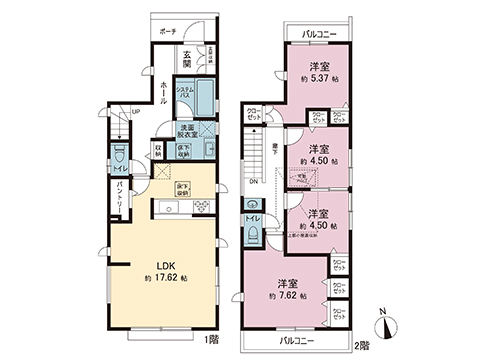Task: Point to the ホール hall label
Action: pyautogui.click(x=163, y=93)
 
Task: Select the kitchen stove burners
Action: pyautogui.click(x=200, y=206)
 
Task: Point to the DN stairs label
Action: pyautogui.click(x=253, y=182)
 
